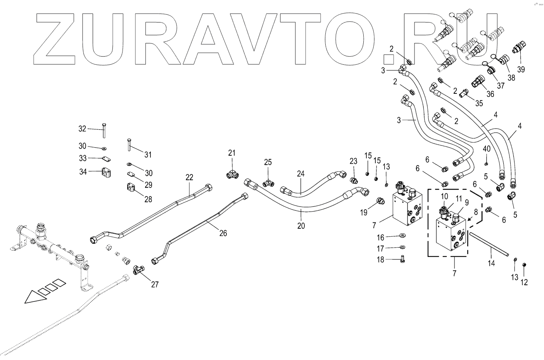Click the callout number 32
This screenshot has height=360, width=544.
pyautogui.click(x=82, y=129)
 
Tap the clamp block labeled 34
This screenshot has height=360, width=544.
pyautogui.click(x=107, y=172)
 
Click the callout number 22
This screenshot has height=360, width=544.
pyautogui.click(x=189, y=177)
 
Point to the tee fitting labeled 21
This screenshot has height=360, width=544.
pyautogui.click(x=232, y=174)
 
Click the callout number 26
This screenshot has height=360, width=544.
pyautogui.click(x=223, y=233)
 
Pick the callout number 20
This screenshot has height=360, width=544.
pyautogui.click(x=301, y=226)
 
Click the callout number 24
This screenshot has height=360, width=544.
pyautogui.click(x=301, y=174)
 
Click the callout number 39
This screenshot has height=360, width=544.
pyautogui.click(x=521, y=69)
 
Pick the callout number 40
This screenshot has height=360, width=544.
pyautogui.click(x=487, y=148)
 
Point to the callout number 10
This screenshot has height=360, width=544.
pyautogui.click(x=444, y=196)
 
